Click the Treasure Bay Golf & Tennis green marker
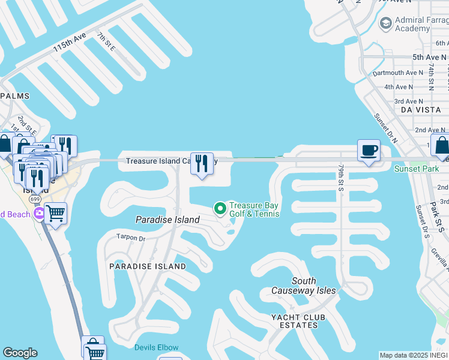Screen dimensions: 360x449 [x=220, y=209]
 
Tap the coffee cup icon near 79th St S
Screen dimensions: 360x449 [x=369, y=150]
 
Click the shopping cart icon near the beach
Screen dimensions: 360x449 [x=55, y=212]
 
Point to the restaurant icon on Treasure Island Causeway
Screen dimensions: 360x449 [x=202, y=163]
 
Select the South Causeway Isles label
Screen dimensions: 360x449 [x=313, y=286]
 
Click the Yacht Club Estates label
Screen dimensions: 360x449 [x=298, y=321]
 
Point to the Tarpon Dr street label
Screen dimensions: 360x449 [x=131, y=238]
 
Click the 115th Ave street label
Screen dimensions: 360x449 [x=70, y=44]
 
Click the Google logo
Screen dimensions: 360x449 [x=20, y=353]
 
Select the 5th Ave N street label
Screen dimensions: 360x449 [x=430, y=57]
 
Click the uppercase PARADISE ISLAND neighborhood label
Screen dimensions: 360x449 [x=147, y=266]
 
